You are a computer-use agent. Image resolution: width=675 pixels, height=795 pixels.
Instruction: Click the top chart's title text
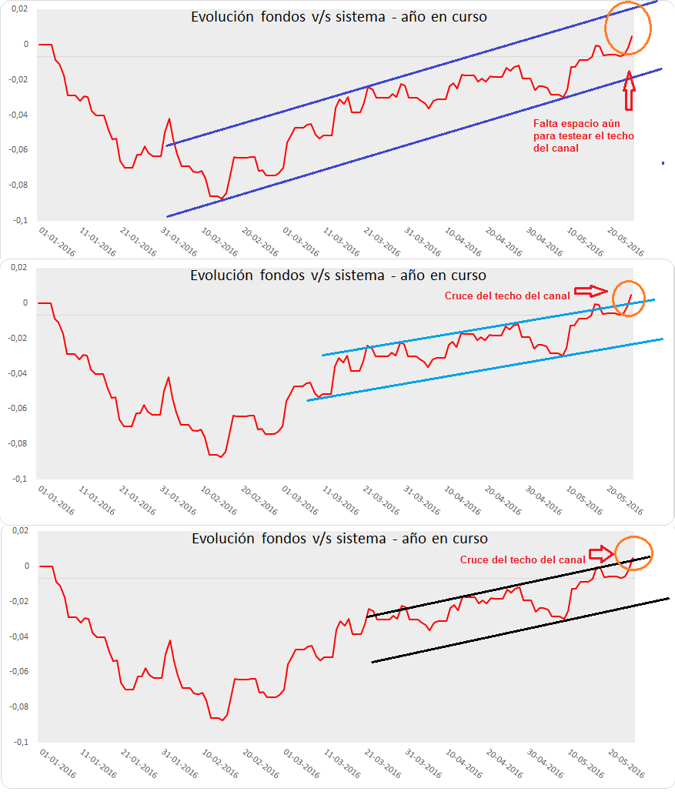(x=339, y=16)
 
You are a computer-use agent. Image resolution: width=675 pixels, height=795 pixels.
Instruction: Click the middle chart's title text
(x=339, y=275)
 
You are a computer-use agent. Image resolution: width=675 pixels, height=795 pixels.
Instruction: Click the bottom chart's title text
(x=339, y=539)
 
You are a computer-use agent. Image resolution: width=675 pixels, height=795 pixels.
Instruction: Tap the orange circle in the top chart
(x=628, y=28)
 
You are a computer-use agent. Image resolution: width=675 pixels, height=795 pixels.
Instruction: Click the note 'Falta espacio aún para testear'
(x=583, y=135)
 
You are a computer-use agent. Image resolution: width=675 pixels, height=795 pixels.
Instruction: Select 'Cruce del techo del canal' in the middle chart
(x=507, y=296)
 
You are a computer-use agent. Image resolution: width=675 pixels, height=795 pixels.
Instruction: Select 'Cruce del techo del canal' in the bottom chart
(x=523, y=560)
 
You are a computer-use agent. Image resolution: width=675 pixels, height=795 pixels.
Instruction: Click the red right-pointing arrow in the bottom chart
(x=601, y=553)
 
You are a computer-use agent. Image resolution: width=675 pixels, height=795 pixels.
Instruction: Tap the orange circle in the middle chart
(x=628, y=298)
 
